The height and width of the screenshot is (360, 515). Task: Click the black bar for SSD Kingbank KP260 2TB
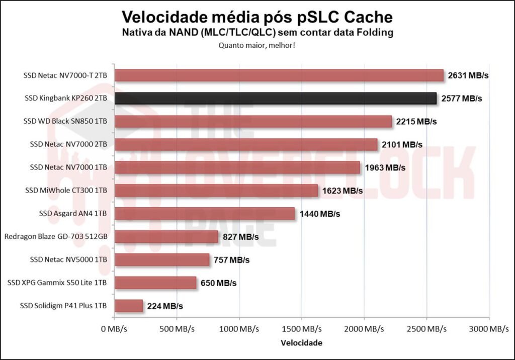(x=276, y=98)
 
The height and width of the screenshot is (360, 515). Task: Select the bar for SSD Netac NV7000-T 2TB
(x=279, y=75)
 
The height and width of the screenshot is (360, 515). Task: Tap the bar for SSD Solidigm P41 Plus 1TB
(x=129, y=306)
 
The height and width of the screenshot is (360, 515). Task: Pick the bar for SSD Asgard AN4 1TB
(x=205, y=214)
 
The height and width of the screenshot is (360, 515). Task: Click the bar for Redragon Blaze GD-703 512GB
(x=166, y=236)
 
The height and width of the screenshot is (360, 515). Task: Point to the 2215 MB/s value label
(x=416, y=121)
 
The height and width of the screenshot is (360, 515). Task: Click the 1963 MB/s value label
(x=385, y=167)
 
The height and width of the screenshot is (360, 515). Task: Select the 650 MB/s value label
(x=218, y=283)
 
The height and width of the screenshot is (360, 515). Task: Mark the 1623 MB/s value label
(x=342, y=191)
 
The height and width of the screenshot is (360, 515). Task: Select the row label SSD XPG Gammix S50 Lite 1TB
(x=57, y=283)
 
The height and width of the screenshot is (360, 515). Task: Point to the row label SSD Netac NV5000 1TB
(x=68, y=259)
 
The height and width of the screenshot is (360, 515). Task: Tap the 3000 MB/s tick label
(x=489, y=329)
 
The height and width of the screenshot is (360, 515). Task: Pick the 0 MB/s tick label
(x=115, y=329)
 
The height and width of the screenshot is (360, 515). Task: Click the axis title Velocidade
(x=302, y=343)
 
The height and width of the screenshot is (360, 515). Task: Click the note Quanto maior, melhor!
(x=257, y=45)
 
